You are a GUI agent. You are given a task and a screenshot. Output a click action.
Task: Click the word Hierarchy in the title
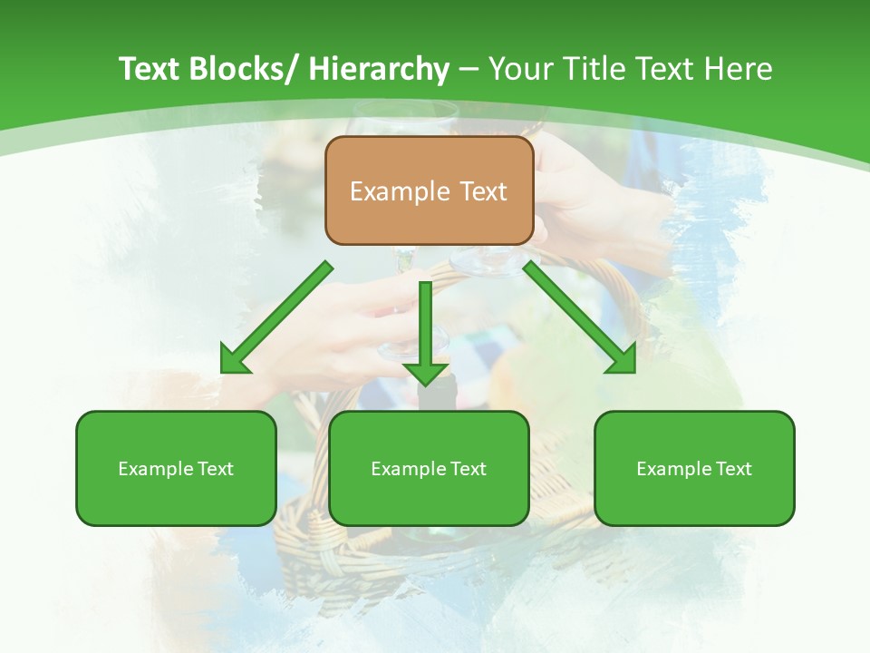(x=379, y=69)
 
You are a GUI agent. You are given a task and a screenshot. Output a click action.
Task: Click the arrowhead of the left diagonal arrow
(x=234, y=361)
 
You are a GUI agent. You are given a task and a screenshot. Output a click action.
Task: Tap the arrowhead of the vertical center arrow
(x=426, y=372)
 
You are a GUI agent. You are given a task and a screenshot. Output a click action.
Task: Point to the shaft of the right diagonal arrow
(x=571, y=308)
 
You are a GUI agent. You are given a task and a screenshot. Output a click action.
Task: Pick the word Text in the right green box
(x=734, y=469)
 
